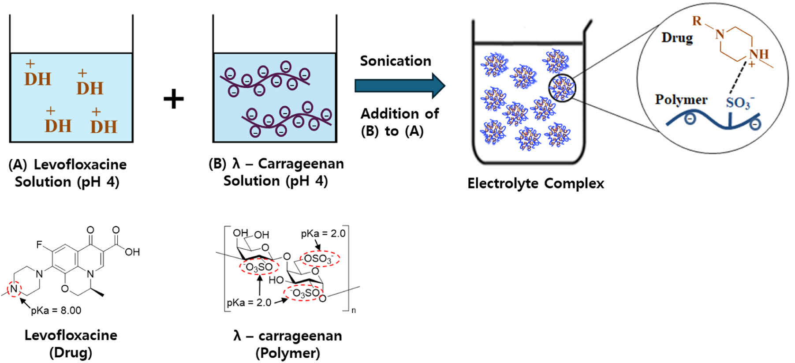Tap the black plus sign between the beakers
point(174,99)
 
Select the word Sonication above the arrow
point(396,61)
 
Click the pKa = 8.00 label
point(56,311)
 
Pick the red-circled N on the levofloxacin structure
point(14,289)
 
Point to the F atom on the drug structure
point(39,244)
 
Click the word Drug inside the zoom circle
point(677,38)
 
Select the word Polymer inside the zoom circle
point(681,100)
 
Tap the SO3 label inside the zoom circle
point(739,103)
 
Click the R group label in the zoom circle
point(697,21)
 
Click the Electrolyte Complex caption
point(535,183)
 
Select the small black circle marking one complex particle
point(562,88)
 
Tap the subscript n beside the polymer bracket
point(354,311)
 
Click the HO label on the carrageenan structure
point(276,280)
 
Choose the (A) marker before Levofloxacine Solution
point(18,165)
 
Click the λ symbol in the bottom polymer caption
point(237,336)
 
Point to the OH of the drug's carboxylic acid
point(132,252)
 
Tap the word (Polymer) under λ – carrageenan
point(287,353)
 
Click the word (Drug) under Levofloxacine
point(71,353)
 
